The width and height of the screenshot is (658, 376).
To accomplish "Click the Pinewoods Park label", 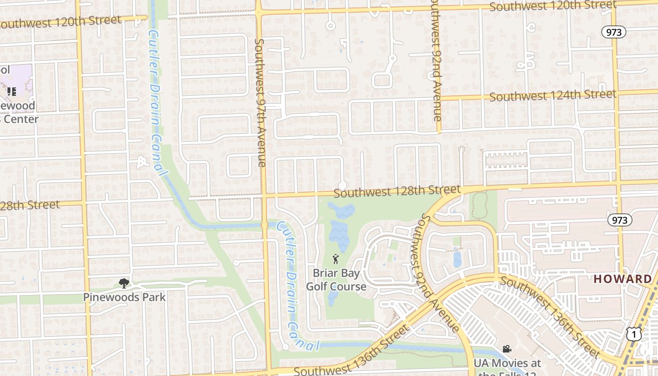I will click(125, 297).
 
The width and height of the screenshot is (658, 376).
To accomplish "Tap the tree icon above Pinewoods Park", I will click(124, 283).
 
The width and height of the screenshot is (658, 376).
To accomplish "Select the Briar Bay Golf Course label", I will click(336, 280).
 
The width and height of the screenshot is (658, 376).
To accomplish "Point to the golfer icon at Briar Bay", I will click(336, 259).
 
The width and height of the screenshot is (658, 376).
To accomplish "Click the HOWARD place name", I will click(623, 279).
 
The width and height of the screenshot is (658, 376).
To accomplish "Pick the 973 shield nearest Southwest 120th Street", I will click(614, 32).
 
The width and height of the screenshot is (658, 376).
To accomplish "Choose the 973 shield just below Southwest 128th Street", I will click(619, 220).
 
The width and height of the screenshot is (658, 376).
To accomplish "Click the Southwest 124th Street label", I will click(553, 95).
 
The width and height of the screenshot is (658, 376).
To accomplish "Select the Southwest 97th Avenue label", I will click(260, 102).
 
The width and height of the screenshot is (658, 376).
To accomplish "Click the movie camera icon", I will click(507, 349).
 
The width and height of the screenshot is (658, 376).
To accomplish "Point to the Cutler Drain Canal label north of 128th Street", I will click(157, 102).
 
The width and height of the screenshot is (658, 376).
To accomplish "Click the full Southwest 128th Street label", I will click(397, 191).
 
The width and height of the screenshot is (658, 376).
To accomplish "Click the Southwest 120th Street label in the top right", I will click(553, 6).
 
